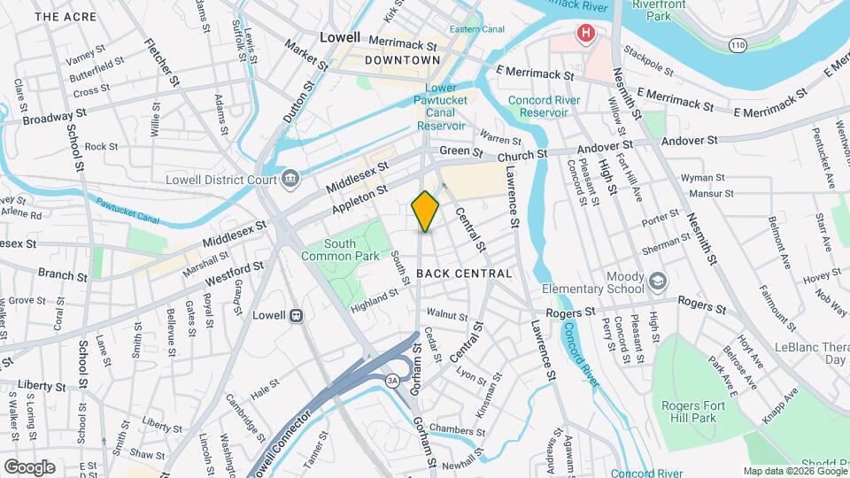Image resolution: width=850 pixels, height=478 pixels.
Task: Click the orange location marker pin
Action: point(425,211)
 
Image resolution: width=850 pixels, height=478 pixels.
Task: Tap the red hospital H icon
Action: point(584,35)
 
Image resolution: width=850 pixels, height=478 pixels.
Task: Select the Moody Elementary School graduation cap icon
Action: point(658,281)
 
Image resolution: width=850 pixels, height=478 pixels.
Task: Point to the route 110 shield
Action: point(737,43)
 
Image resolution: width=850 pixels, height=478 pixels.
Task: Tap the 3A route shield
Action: point(392,381)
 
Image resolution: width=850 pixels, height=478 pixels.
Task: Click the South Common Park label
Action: point(328,250)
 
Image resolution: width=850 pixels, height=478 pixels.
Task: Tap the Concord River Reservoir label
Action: point(545,106)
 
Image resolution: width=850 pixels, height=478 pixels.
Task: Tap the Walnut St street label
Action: point(446,314)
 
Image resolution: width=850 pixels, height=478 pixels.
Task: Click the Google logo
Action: point(29,466)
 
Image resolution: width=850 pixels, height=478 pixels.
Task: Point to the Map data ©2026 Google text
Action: point(793,471)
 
